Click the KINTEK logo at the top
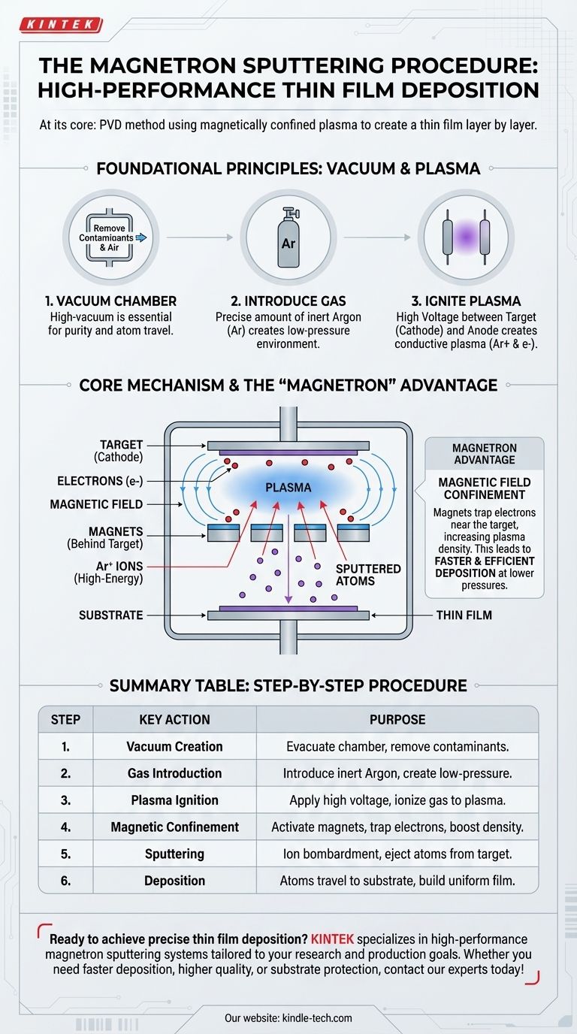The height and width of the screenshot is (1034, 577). point(60,25)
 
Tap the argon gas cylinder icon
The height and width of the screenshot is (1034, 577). point(288,237)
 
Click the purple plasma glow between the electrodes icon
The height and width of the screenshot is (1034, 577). point(467,237)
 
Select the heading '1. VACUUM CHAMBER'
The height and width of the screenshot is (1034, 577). point(110,301)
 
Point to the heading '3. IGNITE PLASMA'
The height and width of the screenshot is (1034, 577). point(467,301)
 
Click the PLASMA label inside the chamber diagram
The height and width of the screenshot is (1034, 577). point(288,488)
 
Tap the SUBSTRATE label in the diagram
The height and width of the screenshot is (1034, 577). point(110,615)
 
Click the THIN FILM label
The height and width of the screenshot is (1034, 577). point(464,615)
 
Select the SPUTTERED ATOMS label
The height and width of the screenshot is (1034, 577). point(368,575)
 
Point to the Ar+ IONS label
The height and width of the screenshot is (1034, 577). point(108,572)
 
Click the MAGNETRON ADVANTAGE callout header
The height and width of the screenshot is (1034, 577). point(485,454)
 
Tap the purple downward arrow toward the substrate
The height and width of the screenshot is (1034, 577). point(288,559)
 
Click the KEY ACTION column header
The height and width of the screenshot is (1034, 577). point(174,719)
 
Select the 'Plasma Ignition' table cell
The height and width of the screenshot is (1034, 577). point(174,800)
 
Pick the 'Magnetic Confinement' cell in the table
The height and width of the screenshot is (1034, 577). point(174,827)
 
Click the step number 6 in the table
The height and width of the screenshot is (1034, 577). point(65,880)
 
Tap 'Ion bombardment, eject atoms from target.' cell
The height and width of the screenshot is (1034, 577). point(397,854)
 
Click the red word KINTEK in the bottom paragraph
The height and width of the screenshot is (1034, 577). point(332,939)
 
